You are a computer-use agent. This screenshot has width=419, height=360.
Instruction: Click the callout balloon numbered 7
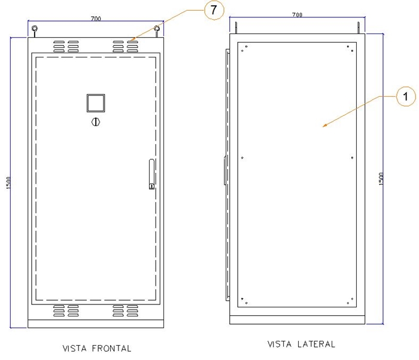214,10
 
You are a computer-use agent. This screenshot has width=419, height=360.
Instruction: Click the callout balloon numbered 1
406,96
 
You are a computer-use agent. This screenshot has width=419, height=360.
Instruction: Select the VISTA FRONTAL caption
97,349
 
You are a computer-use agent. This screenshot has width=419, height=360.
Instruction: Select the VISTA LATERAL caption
301,344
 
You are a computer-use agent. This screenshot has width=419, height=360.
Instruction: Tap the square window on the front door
96,103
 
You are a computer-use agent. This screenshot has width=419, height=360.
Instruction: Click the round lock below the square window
96,122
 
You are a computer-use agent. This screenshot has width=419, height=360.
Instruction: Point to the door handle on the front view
151,174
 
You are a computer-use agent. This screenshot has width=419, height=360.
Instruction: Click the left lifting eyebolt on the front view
35,31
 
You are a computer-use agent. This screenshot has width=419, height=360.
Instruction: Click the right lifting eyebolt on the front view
157,31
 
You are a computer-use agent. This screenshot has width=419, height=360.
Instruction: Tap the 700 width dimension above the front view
96,19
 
